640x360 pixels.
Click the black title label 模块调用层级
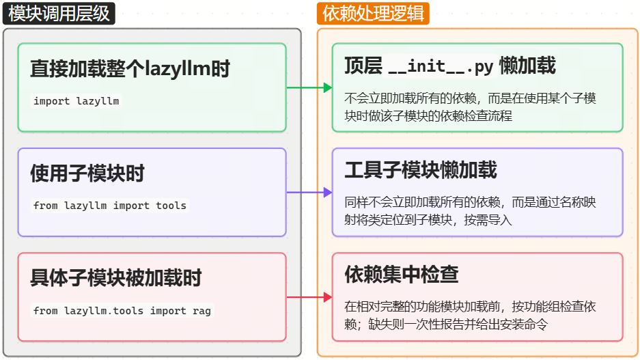pos(59,13)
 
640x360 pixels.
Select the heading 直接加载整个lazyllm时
pos(130,69)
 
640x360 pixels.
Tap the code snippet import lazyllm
pos(76,101)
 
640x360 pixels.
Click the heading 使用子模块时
pos(87,174)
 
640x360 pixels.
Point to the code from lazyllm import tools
pos(109,206)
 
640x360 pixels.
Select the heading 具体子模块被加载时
pos(115,279)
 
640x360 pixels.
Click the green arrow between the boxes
pos(309,87)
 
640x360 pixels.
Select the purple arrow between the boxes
pos(309,193)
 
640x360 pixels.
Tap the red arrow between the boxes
pos(309,297)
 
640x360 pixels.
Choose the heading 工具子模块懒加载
pos(420,170)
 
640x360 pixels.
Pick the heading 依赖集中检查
pos(401,275)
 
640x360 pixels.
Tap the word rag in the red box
pos(201,311)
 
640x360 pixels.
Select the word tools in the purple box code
pos(171,206)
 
